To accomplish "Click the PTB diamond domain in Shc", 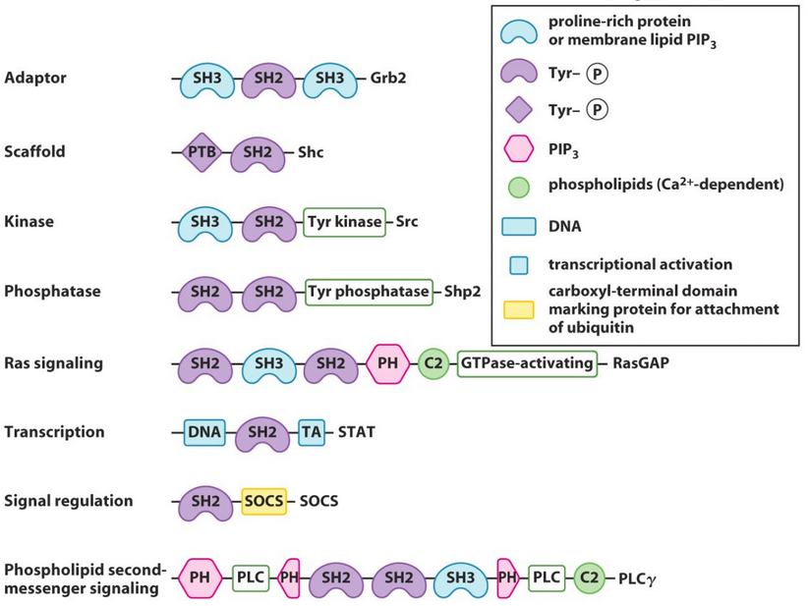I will (202, 153).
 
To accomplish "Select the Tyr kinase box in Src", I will (344, 222).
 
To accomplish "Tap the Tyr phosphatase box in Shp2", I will (369, 292).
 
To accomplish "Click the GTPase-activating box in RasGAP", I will (527, 363).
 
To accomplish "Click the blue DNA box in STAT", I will (204, 432).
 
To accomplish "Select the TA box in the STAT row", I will (312, 432).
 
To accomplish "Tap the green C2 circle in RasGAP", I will (433, 363).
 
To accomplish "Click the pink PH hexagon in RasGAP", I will (387, 363).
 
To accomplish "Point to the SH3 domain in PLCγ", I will (460, 579).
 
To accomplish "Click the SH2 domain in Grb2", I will (268, 79).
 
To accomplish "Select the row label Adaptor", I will (35, 79).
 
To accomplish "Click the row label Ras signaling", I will (53, 363).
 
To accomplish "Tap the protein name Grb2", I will (388, 79).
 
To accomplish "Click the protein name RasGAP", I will (641, 363).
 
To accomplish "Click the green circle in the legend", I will (518, 187).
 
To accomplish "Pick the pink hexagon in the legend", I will (518, 149).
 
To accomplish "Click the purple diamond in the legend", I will (518, 110).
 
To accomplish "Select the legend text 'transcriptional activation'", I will (640, 264).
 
